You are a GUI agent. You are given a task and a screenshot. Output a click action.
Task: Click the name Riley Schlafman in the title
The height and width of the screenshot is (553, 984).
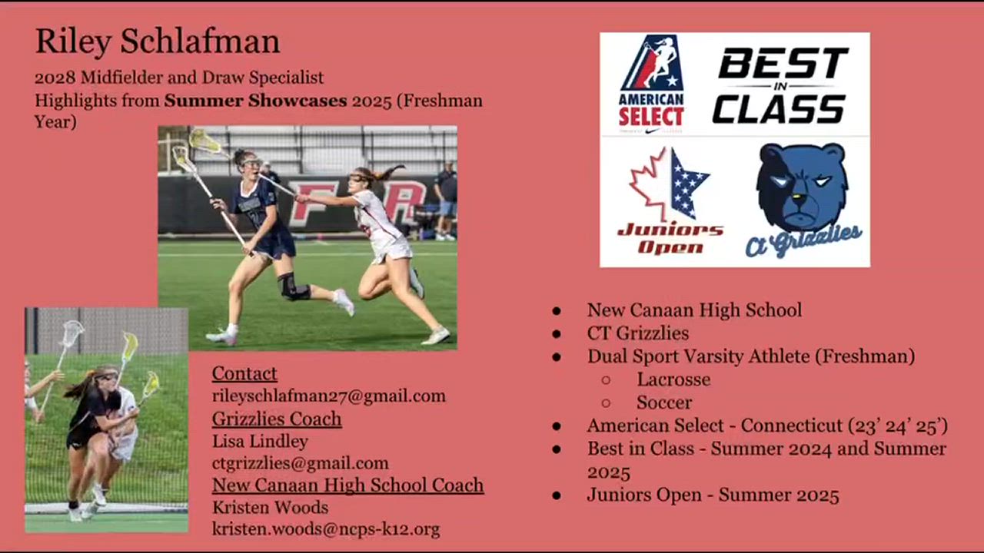(x=158, y=41)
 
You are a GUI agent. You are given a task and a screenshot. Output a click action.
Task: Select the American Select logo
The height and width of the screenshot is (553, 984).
(x=651, y=84)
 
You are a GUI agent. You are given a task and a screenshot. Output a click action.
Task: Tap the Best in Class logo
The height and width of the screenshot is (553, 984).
(x=780, y=85)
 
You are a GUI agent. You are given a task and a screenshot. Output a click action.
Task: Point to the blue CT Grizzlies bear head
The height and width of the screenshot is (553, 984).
(x=802, y=188)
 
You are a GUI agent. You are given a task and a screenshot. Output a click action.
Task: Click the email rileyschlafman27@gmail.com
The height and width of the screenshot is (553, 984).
(x=328, y=396)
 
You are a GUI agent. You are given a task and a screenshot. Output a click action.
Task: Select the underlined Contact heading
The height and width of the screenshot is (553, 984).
(x=244, y=373)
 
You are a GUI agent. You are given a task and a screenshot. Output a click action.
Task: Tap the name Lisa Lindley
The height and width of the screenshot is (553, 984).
(x=260, y=441)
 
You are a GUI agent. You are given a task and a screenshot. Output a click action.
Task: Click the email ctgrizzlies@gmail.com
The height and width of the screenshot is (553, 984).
(x=301, y=463)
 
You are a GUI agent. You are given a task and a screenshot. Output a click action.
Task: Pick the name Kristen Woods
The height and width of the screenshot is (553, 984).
(x=270, y=508)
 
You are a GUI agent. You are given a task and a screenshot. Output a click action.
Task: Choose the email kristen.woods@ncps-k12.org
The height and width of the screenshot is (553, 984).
(x=326, y=529)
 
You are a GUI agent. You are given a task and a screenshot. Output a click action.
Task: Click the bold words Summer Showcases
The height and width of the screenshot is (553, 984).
(x=256, y=101)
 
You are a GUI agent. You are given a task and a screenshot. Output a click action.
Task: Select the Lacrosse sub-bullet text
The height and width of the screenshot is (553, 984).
(x=673, y=379)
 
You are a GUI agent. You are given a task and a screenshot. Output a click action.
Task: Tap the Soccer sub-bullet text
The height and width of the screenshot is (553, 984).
(x=664, y=402)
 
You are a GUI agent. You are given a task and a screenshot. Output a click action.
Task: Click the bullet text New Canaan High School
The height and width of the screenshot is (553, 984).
(x=694, y=310)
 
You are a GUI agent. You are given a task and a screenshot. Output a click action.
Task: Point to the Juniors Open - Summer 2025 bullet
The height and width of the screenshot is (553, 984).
(x=713, y=495)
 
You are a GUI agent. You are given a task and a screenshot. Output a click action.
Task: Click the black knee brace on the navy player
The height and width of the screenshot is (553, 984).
(x=293, y=286)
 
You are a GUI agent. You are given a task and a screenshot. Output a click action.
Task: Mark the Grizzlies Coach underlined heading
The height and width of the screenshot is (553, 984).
(x=277, y=419)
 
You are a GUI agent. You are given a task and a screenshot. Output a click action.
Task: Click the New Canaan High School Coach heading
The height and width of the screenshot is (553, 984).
(x=348, y=485)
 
